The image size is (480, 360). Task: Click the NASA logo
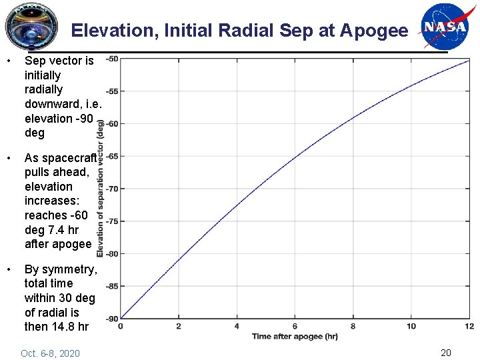click(x=445, y=27)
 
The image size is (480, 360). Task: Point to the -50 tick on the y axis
click(x=112, y=59)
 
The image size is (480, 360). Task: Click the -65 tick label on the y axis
click(x=112, y=156)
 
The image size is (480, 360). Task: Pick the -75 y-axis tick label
click(x=112, y=221)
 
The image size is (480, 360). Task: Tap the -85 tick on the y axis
click(x=112, y=286)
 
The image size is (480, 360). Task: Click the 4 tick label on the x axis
click(x=237, y=326)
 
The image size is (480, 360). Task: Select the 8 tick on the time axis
click(x=353, y=326)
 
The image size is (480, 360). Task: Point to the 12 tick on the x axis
click(x=469, y=326)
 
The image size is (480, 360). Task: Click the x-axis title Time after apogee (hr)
click(x=295, y=336)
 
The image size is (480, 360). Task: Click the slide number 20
click(x=446, y=353)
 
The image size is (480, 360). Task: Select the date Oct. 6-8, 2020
click(x=50, y=353)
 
